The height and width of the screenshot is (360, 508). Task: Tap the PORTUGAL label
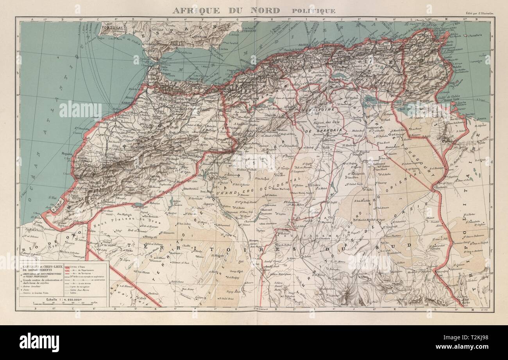(x=113, y=29)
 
